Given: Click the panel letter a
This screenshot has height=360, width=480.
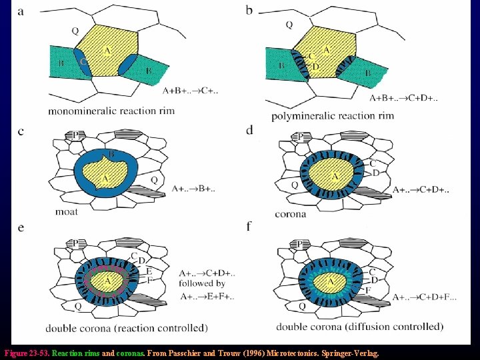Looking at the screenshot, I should [x=21, y=11].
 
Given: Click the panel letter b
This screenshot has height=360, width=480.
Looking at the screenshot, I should [x=249, y=11].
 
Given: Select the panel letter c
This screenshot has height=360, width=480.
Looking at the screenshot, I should [x=21, y=131].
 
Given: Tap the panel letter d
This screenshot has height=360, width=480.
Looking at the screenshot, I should [x=249, y=130].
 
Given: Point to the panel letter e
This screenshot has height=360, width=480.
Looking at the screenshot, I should [x=21, y=227].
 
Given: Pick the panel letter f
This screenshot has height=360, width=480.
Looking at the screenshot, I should [x=249, y=227].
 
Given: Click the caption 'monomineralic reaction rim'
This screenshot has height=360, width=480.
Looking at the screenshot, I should [x=111, y=111].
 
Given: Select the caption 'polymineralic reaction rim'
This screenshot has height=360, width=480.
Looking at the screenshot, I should [x=333, y=116].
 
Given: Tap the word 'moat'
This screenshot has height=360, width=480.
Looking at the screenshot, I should [x=67, y=211].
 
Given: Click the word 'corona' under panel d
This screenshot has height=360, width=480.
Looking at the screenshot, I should [x=291, y=214].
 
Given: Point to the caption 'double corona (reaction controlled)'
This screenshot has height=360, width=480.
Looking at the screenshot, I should [x=127, y=328].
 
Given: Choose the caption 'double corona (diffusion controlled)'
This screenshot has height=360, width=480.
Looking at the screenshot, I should [x=360, y=327].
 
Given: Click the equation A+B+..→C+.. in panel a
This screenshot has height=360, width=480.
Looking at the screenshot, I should [x=190, y=90].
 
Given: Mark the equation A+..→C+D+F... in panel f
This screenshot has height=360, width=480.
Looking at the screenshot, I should [x=423, y=297].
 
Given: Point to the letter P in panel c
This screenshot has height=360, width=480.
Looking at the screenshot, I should [x=75, y=135].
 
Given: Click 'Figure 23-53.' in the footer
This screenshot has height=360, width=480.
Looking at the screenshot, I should [x=26, y=353].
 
